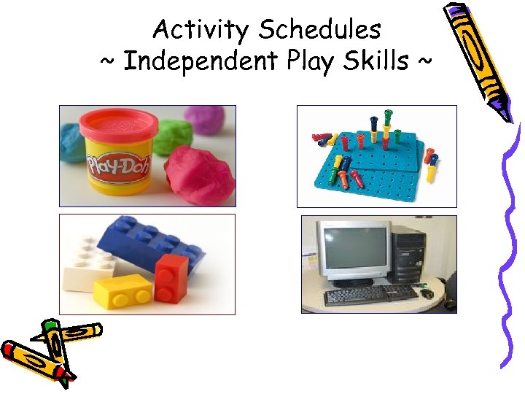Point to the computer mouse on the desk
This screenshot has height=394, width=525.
click(427, 293)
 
